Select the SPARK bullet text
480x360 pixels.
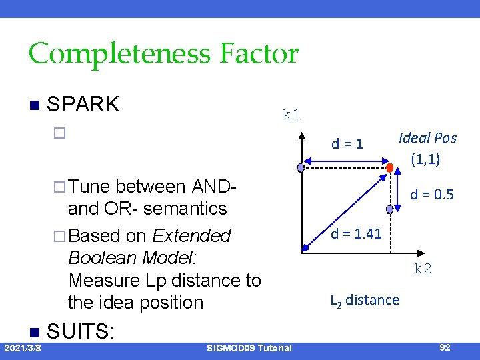tap(83, 104)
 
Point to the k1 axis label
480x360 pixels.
tap(291, 114)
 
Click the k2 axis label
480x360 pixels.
tap(423, 269)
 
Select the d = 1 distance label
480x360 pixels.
tap(347, 143)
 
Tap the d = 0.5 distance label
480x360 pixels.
tap(431, 195)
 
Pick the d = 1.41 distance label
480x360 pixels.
tap(356, 233)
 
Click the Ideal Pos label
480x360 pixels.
tap(427, 138)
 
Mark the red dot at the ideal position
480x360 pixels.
tap(389, 168)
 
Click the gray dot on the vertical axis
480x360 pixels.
tap(301, 168)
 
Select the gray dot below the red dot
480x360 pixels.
tap(389, 208)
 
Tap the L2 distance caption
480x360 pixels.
tap(365, 300)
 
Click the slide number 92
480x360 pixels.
tap(445, 347)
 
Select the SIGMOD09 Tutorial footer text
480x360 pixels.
tap(249, 348)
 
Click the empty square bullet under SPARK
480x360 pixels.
tap(59, 133)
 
